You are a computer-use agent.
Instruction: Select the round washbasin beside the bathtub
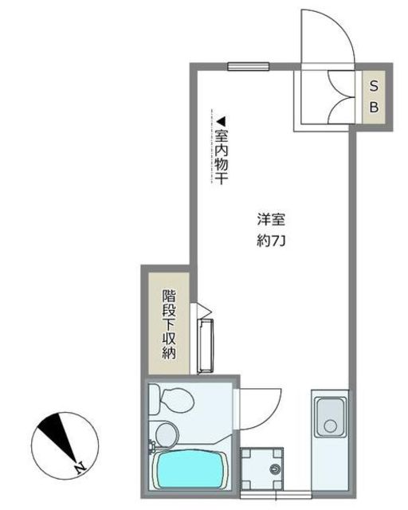(x=166, y=435)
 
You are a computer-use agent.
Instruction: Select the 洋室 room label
(x=271, y=219)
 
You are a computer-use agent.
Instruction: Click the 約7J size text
(x=271, y=241)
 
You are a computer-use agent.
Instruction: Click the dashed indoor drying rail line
(x=211, y=147)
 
